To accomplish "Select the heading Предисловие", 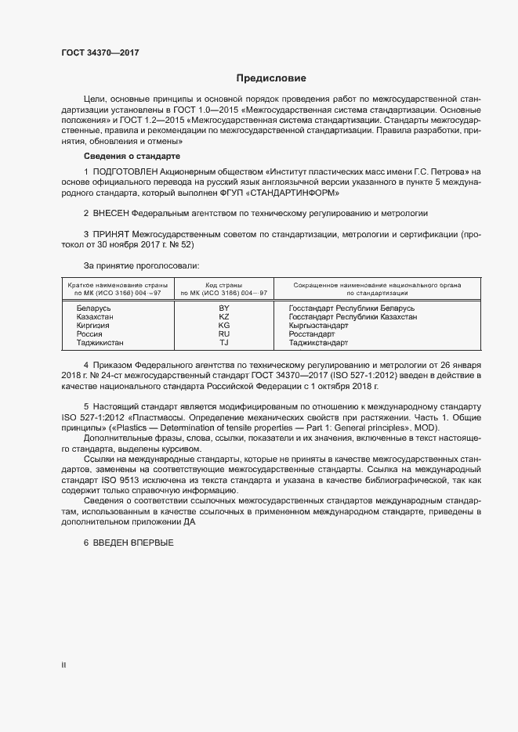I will [x=271, y=78].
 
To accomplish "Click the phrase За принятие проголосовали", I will [x=136, y=266].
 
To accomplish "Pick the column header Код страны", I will [x=223, y=285].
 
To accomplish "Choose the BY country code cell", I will [x=223, y=308].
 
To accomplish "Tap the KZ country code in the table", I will [x=223, y=316].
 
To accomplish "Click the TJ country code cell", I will [x=223, y=342].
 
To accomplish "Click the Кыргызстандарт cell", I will [x=320, y=325].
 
